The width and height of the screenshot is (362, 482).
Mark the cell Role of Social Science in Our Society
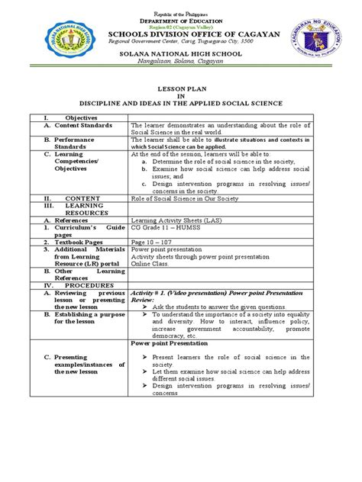[x=187, y=197]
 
